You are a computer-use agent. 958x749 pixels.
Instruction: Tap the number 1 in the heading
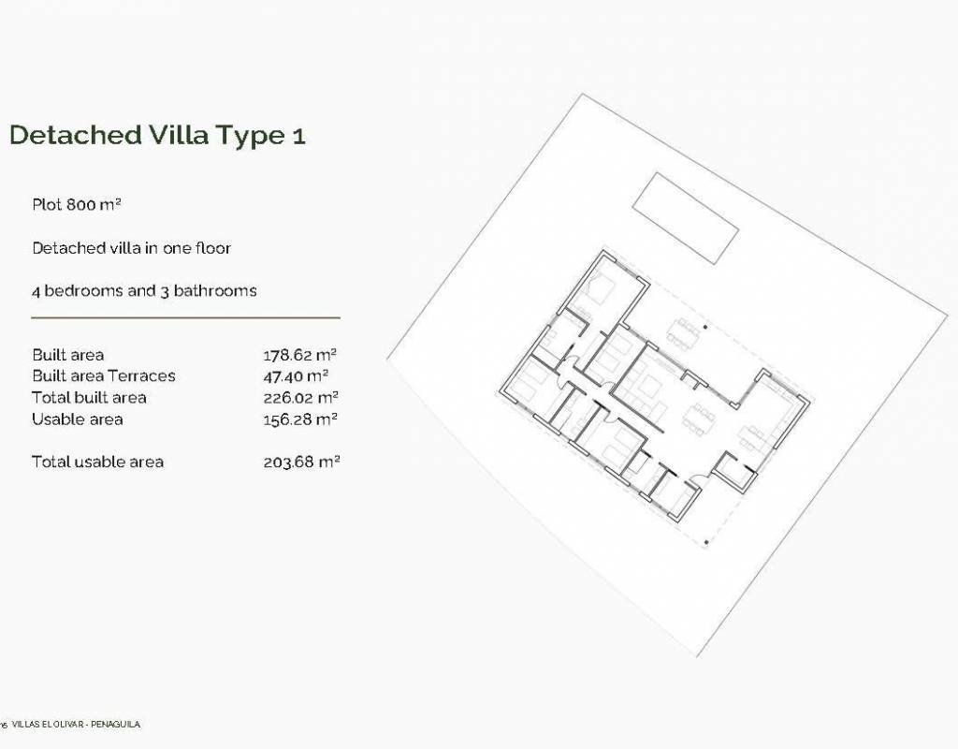[x=298, y=136]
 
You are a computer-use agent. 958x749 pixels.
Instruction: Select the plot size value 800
[x=81, y=204]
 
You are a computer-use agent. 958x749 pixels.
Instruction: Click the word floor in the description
[x=213, y=247]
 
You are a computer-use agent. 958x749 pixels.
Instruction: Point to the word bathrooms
[x=215, y=290]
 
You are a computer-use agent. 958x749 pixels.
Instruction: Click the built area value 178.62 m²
[x=300, y=355]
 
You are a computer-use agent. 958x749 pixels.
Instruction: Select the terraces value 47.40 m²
[x=296, y=375]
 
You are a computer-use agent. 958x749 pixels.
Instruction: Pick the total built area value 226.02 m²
[x=300, y=397]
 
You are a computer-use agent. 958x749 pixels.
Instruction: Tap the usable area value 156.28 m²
[x=300, y=419]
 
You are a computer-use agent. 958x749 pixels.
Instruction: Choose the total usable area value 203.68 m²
[x=301, y=462]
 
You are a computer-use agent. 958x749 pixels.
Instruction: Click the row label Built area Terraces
[x=104, y=375]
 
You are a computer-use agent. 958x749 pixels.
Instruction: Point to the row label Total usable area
[x=97, y=462]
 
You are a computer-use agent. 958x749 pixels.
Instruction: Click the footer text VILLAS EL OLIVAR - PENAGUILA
[x=76, y=725]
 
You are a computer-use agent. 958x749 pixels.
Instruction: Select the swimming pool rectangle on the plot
[x=686, y=218]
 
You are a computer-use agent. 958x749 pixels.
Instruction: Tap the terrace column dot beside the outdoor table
[x=705, y=327]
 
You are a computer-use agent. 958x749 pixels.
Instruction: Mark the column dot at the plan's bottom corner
[x=706, y=542]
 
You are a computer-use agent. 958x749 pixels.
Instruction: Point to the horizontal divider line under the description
[x=186, y=318]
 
